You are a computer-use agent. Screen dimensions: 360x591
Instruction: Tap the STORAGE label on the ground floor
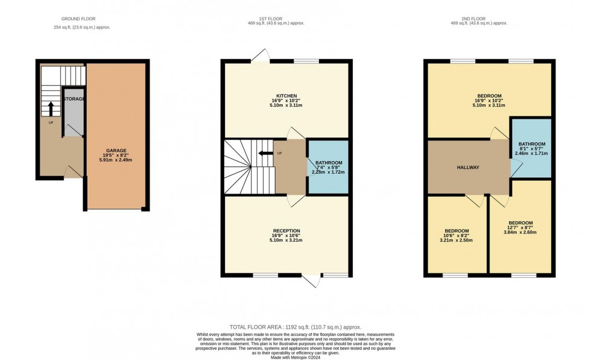click(75, 98)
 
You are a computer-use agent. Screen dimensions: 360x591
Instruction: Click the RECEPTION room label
click(286, 231)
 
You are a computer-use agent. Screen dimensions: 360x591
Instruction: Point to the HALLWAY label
click(469, 167)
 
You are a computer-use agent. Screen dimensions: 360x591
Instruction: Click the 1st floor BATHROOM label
click(328, 162)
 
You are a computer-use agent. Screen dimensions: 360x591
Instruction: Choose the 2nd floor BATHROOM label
click(531, 144)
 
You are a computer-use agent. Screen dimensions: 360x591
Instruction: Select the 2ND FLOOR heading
click(478, 19)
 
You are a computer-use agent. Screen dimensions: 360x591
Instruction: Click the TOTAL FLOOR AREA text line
click(295, 327)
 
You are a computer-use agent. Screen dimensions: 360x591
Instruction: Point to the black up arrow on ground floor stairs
click(51, 109)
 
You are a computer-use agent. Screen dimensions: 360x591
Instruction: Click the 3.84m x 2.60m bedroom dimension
click(520, 232)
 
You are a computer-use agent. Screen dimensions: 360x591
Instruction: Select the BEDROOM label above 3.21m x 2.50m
click(457, 231)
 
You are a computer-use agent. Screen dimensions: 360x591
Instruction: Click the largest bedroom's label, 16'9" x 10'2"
click(489, 96)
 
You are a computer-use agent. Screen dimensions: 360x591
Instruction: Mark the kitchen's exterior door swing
click(261, 55)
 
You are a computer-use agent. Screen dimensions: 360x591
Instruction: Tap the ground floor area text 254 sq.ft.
click(82, 27)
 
